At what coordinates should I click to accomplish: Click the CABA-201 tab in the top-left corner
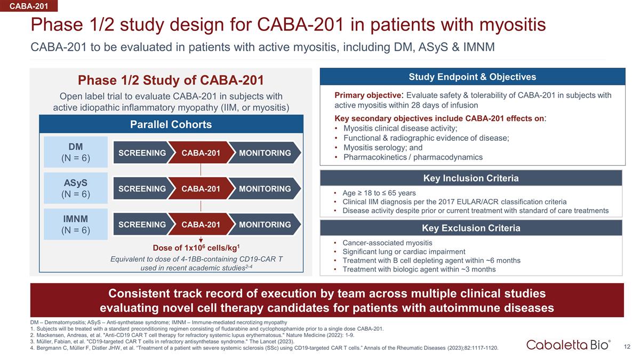coord(28,6)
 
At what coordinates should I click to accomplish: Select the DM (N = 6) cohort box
coord(75,152)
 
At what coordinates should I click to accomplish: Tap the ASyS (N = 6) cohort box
coord(75,188)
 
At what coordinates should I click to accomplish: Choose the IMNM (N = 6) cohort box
coord(75,224)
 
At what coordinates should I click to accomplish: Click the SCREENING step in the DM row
coord(142,153)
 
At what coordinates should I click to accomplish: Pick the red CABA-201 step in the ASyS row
coord(201,189)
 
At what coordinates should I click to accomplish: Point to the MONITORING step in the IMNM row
coord(265,225)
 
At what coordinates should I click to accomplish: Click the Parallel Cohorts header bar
coord(171,125)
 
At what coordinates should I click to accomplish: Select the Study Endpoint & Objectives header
coord(472,77)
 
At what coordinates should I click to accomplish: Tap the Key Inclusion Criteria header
coord(471,178)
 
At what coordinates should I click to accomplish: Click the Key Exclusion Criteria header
coord(471,228)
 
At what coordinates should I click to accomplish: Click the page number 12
coord(628,347)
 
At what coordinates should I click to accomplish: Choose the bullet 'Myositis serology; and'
coord(383,148)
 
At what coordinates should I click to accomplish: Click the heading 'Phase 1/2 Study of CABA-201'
coord(171,81)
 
